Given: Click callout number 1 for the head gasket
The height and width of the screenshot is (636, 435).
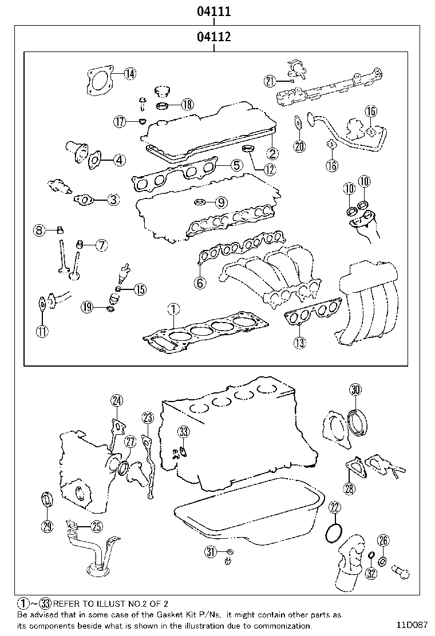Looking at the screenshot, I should click(172, 310).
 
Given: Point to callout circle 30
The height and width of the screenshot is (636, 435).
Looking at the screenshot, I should click(355, 391).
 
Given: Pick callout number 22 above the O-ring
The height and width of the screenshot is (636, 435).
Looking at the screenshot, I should click(335, 507).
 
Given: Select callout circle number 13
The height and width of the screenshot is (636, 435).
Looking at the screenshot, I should click(299, 343).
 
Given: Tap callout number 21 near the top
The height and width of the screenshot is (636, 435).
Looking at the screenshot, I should click(271, 81).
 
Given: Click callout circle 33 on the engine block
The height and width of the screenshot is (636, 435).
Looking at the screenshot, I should click(183, 431).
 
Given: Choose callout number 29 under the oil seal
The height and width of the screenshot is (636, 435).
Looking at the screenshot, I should click(47, 526).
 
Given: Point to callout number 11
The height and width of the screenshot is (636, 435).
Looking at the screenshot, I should click(42, 331).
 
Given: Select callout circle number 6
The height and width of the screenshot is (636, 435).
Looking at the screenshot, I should click(200, 283).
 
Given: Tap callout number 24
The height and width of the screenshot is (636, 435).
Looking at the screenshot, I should click(117, 400).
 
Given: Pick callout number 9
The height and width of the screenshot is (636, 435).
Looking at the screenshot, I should click(222, 201).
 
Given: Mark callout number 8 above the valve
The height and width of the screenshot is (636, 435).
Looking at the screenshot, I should click(39, 230).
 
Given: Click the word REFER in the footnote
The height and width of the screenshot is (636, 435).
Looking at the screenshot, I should click(68, 603).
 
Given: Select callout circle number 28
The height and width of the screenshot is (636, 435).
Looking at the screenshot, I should click(349, 488).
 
